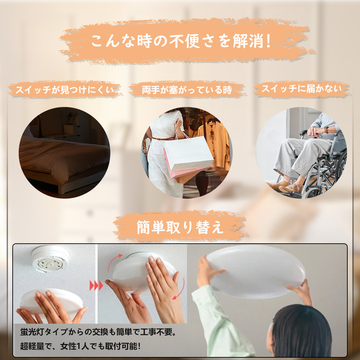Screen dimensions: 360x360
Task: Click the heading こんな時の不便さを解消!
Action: pos(181,41)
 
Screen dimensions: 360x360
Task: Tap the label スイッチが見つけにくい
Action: pos(65,90)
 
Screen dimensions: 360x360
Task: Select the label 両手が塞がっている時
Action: pos(187,90)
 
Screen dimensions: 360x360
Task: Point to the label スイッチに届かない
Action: pos(302,89)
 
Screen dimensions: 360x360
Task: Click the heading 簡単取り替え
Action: pos(180,227)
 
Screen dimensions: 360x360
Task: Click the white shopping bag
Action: pos(188,153)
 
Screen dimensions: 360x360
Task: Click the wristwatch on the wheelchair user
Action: pos(326,130)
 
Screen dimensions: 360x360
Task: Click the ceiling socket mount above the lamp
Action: pos(50,259)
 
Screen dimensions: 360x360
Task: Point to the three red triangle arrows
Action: pos(96,286)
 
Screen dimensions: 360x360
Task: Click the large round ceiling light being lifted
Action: pos(255,271)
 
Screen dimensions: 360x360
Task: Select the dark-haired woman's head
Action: pos(301,331)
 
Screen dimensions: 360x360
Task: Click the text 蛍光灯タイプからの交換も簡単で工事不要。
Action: pos(98,332)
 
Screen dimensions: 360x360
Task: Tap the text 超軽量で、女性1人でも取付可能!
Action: pos(80,346)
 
